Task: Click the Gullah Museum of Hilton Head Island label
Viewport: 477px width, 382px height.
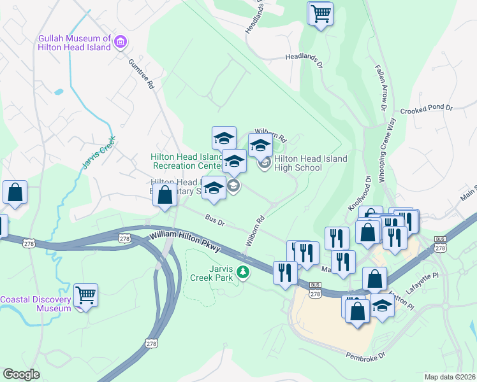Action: coord(74,43)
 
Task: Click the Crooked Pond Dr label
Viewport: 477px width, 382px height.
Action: coord(425,109)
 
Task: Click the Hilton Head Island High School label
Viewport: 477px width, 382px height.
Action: coord(311,163)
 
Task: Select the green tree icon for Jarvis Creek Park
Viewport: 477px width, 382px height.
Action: coord(242,272)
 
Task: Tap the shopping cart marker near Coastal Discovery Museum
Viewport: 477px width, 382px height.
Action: coord(85,295)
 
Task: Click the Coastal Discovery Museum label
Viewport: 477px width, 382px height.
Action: coord(35,304)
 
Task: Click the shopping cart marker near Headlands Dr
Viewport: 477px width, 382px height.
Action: coord(320,13)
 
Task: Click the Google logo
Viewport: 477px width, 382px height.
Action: coord(22,374)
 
